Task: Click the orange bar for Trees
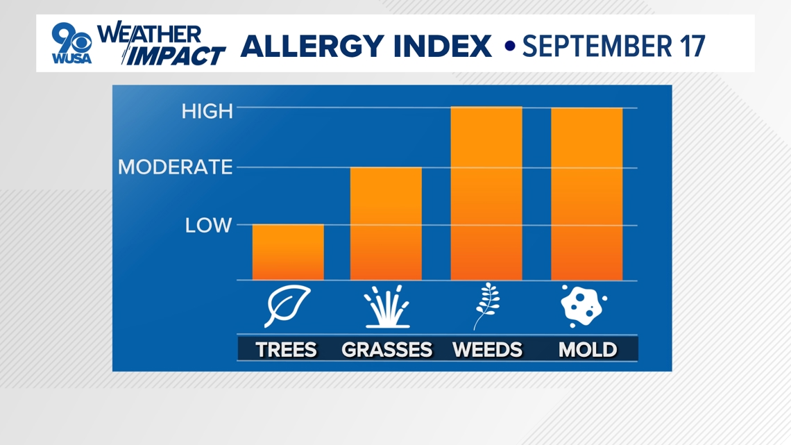288,252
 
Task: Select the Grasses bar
386,224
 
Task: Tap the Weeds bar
486,193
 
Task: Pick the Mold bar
587,194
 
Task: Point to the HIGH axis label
207,111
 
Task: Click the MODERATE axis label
175,167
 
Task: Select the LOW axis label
208,225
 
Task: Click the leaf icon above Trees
287,306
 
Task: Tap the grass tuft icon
387,307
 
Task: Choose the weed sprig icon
487,306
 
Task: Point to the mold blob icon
584,306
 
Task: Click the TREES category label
286,349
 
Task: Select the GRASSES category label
387,349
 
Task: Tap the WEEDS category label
487,349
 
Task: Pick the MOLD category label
588,349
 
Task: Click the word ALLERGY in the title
312,46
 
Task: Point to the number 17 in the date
692,46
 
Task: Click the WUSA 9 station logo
71,44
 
